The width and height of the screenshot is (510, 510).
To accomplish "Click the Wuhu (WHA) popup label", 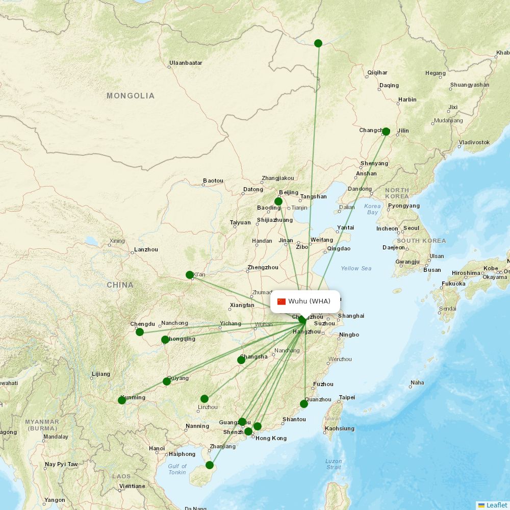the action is [309, 301].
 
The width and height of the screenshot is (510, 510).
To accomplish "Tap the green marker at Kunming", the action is [122, 400].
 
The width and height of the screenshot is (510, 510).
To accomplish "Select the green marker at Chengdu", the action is [140, 332].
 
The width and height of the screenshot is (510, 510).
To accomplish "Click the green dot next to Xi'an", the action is [190, 275].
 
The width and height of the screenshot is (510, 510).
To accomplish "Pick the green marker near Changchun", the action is [386, 132].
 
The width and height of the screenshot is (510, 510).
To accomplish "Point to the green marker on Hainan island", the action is [210, 465].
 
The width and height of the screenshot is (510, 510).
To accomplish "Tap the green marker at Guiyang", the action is [167, 381].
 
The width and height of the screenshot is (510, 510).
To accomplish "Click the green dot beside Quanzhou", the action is [304, 404].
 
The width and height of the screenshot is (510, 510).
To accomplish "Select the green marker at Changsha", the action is [241, 360].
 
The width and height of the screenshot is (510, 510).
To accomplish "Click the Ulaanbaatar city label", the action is [186, 63].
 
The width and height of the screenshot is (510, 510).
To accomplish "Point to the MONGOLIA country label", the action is [131, 96].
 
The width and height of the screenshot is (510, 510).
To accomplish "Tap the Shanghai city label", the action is [351, 316].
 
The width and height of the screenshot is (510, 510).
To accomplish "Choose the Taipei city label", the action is [347, 397].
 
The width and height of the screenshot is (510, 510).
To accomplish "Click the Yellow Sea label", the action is [356, 268].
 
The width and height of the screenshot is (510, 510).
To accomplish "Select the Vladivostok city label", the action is [474, 142].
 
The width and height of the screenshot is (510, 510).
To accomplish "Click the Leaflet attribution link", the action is [496, 505].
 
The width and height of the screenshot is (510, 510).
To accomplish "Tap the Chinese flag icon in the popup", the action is [282, 301].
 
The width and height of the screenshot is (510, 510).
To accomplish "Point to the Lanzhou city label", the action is [146, 250].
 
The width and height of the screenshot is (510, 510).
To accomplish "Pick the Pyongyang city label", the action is [403, 206].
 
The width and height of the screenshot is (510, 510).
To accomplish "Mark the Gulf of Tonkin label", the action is [177, 469].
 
